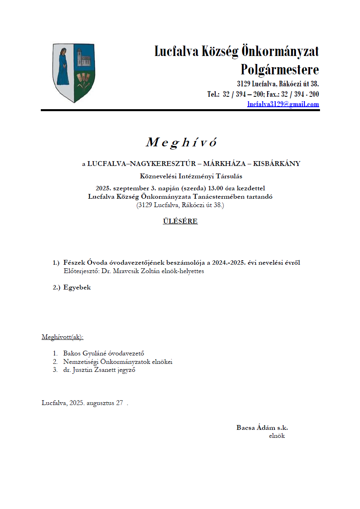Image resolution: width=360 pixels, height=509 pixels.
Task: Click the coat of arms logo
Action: point(74,73)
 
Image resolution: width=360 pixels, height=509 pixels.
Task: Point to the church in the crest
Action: point(84,58)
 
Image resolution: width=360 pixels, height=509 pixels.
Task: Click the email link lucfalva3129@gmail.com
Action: point(283,104)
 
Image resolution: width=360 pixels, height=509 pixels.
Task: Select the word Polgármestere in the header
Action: point(280,70)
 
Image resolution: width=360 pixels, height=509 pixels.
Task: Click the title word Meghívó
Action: point(181,142)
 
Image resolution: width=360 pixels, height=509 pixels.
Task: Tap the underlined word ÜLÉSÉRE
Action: point(180,221)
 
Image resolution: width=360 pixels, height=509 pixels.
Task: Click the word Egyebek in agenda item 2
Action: point(77,287)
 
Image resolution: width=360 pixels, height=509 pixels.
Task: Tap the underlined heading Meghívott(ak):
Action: point(63,337)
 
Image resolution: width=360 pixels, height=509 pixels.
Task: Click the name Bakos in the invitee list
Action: point(72,353)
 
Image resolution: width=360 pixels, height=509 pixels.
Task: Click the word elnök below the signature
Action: point(277,436)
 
